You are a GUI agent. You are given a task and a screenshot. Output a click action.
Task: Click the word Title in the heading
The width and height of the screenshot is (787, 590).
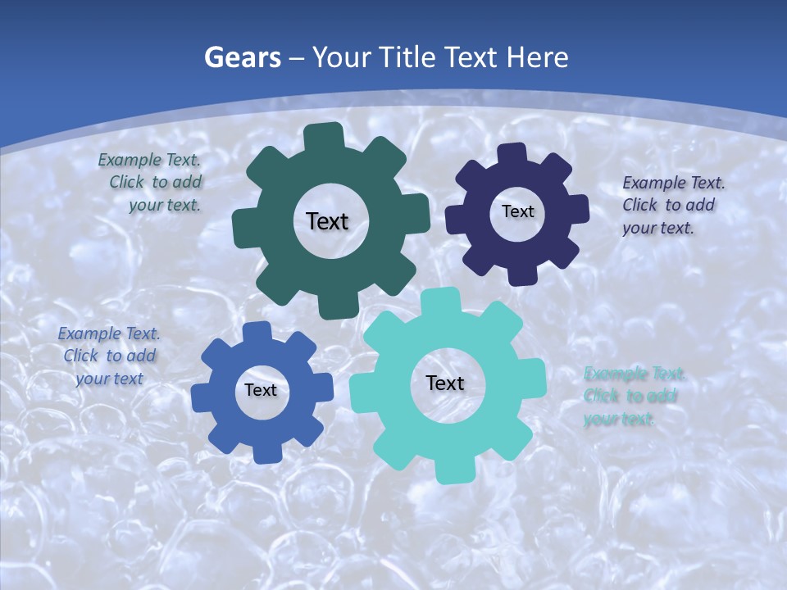click(x=407, y=57)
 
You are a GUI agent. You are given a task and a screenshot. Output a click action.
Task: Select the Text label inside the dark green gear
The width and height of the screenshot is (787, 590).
click(x=327, y=221)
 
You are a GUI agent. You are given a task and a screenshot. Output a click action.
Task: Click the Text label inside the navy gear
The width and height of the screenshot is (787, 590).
click(x=517, y=211)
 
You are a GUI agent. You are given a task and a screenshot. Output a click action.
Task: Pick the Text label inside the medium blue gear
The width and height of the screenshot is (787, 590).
click(x=261, y=390)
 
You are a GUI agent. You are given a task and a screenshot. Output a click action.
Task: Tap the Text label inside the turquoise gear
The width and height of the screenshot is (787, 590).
click(x=445, y=383)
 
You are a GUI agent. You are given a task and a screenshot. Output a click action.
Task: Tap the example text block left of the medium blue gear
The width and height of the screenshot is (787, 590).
click(x=109, y=356)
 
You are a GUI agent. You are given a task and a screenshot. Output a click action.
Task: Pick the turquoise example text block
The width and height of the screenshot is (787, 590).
click(x=634, y=397)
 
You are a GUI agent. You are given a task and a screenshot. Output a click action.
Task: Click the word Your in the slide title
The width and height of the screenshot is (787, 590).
click(x=343, y=57)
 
